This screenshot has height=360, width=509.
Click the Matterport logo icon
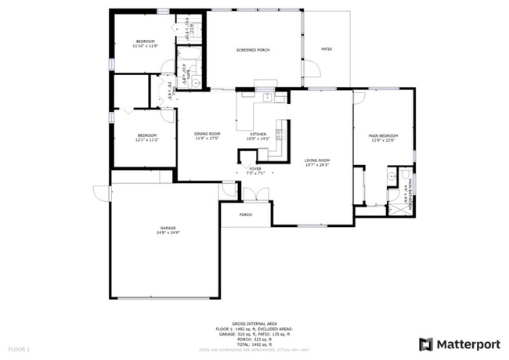426,344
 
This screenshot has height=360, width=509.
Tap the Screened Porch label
253,50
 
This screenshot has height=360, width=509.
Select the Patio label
327,49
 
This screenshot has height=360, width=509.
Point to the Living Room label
317,160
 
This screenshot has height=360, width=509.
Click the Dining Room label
208,134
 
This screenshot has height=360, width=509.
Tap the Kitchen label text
258,134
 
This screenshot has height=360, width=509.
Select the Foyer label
255,168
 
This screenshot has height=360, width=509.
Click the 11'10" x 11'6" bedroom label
145,41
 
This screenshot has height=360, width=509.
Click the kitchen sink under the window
267,98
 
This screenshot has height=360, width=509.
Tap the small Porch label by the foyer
245,214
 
